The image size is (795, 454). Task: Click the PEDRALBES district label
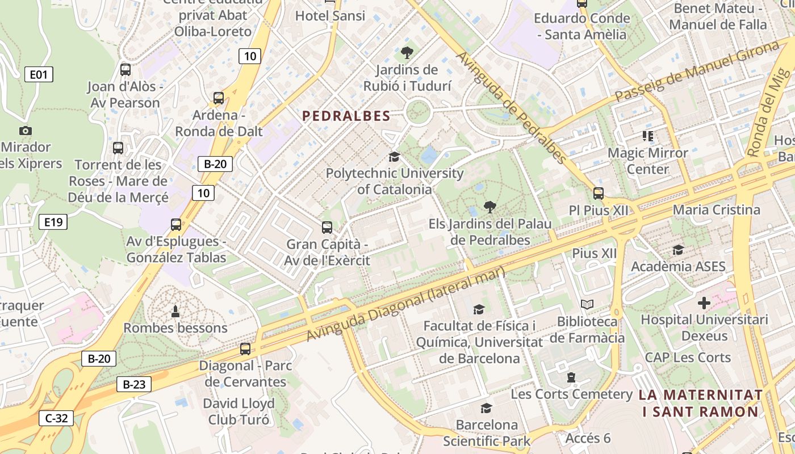346,116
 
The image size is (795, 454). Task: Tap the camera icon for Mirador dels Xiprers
25,131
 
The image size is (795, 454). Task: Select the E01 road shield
39,74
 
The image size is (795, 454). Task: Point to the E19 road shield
53,222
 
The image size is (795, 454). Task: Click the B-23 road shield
134,384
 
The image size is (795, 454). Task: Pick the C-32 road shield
56,419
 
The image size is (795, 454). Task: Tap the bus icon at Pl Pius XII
599,194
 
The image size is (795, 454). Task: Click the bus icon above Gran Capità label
327,228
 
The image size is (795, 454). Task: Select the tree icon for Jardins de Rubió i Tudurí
407,53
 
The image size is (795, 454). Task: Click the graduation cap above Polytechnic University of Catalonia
394,157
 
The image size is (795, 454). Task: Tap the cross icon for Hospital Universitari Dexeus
704,303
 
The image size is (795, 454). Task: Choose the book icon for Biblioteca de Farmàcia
587,305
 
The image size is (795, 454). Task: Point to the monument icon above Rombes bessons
175,311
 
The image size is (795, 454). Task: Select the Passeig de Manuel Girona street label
696,72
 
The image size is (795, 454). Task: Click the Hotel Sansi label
330,16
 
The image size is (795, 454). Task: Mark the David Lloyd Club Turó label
239,411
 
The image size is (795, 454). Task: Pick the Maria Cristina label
716,210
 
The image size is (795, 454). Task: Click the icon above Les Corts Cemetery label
571,377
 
